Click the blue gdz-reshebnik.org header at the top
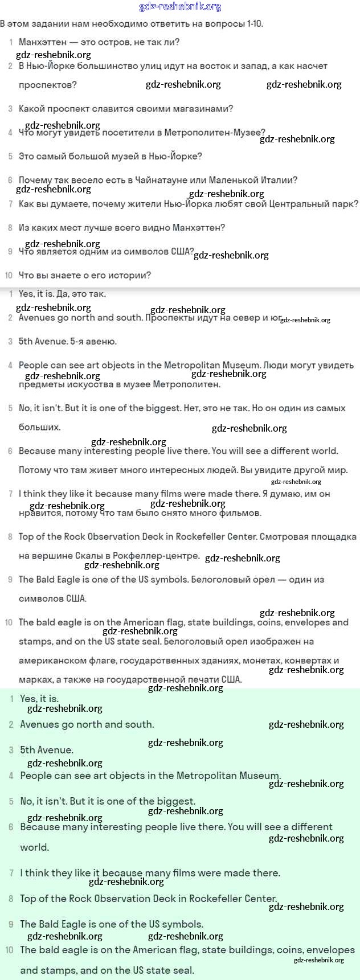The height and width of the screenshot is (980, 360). coord(180,7)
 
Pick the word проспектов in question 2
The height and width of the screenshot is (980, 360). coord(47,85)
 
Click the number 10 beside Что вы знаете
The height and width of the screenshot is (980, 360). coord(9,276)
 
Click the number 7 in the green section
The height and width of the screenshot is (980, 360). coord(11,873)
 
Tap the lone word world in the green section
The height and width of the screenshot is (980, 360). coord(34,847)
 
